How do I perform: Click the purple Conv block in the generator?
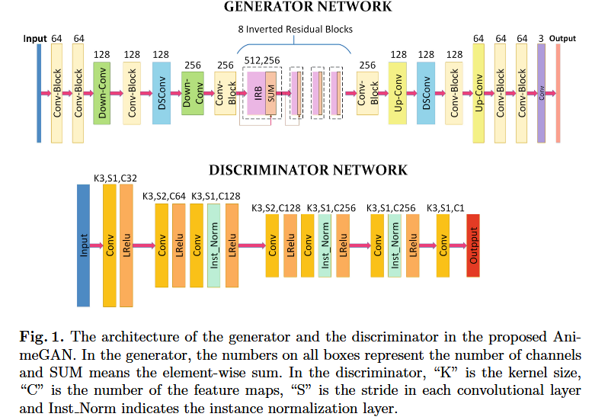tap(542, 93)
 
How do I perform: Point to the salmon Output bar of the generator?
tap(558, 93)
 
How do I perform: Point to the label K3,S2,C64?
tap(165, 196)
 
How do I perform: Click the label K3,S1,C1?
tap(447, 207)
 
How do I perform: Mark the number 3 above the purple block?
tap(541, 38)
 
